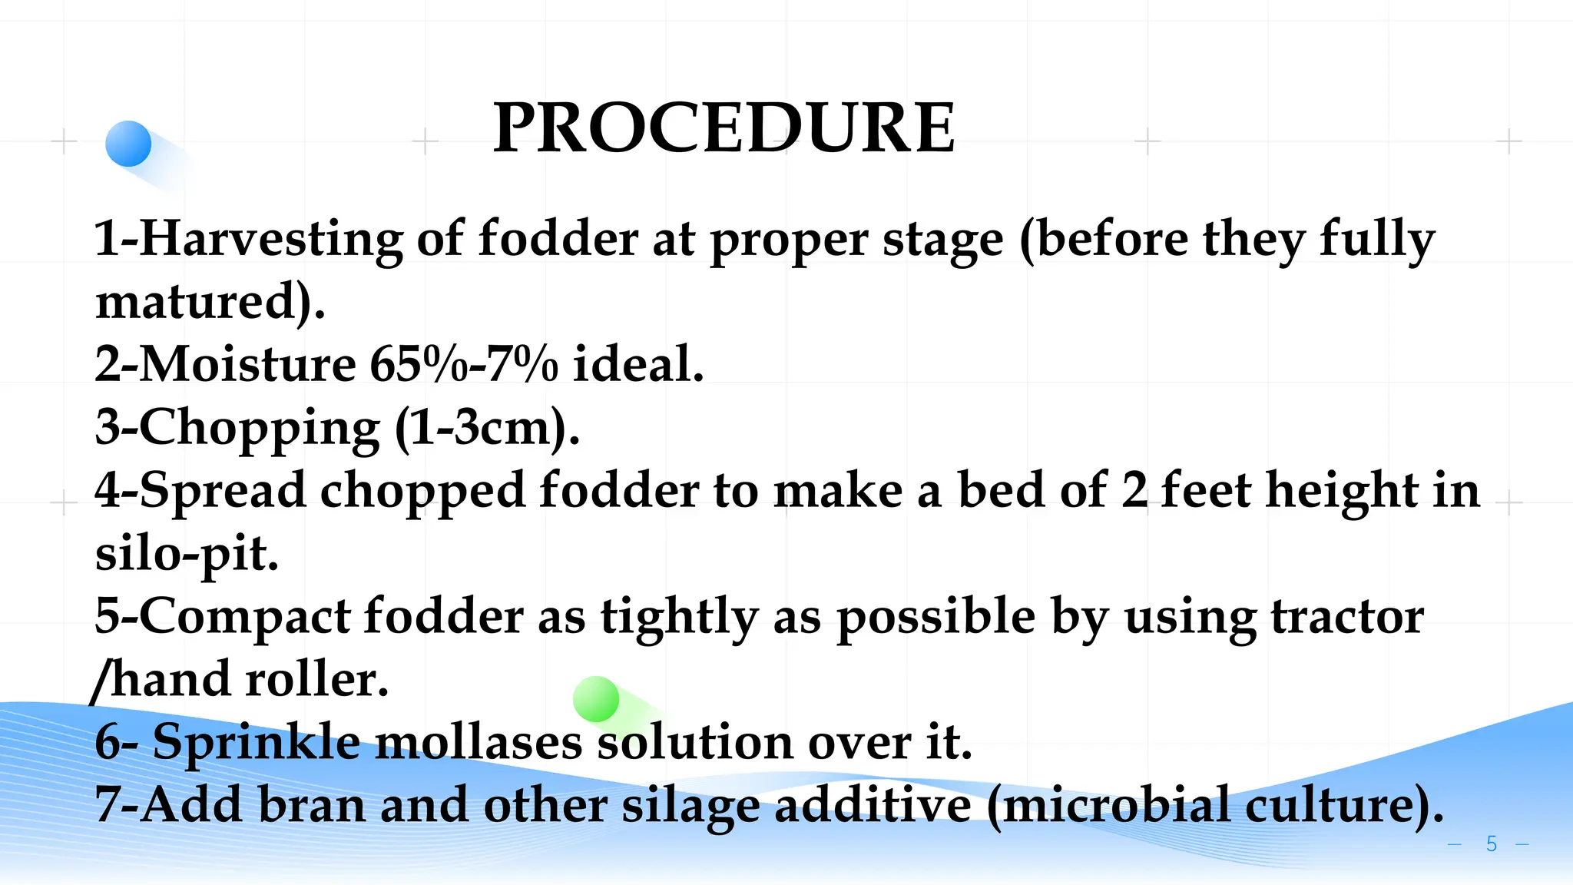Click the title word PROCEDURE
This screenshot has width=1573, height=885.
coord(724,128)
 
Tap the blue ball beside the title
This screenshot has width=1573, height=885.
coord(128,144)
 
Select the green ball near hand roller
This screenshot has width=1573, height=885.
coord(596,699)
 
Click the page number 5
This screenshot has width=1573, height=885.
coord(1491,844)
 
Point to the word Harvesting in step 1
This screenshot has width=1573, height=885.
coord(271,239)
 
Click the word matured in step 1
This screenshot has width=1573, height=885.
coord(196,301)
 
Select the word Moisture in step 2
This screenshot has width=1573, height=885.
coord(248,364)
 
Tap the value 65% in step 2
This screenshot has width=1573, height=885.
coord(417,364)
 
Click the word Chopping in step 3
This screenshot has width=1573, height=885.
coord(260,428)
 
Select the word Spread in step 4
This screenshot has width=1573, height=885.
coord(223,490)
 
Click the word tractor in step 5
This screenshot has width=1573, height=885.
coord(1347,617)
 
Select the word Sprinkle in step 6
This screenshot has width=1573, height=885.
coord(257,743)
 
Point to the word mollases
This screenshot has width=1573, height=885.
coord(479,743)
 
